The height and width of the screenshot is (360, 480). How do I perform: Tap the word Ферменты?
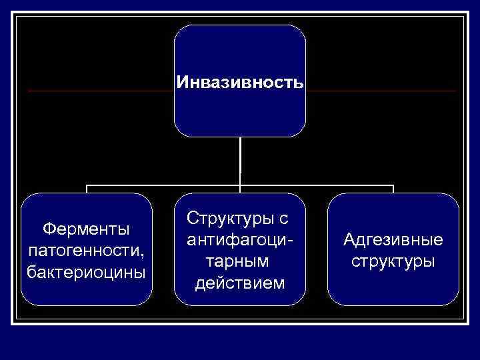pyautogui.click(x=86, y=229)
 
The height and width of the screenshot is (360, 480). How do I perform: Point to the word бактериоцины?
pyautogui.click(x=86, y=272)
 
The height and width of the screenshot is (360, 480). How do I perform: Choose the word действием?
pyautogui.click(x=240, y=283)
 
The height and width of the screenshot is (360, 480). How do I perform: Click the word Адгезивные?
pyautogui.click(x=393, y=239)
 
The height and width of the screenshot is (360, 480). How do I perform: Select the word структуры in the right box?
pyautogui.click(x=393, y=261)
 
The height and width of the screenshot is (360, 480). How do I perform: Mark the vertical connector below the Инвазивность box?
pyautogui.click(x=240, y=160)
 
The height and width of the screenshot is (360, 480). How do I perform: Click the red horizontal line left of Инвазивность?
pyautogui.click(x=100, y=91)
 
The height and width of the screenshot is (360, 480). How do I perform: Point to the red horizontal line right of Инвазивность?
pyautogui.click(x=380, y=91)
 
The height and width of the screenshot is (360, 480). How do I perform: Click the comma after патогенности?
pyautogui.click(x=143, y=255)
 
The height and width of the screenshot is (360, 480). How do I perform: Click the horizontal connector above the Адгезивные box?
pyautogui.click(x=347, y=185)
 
